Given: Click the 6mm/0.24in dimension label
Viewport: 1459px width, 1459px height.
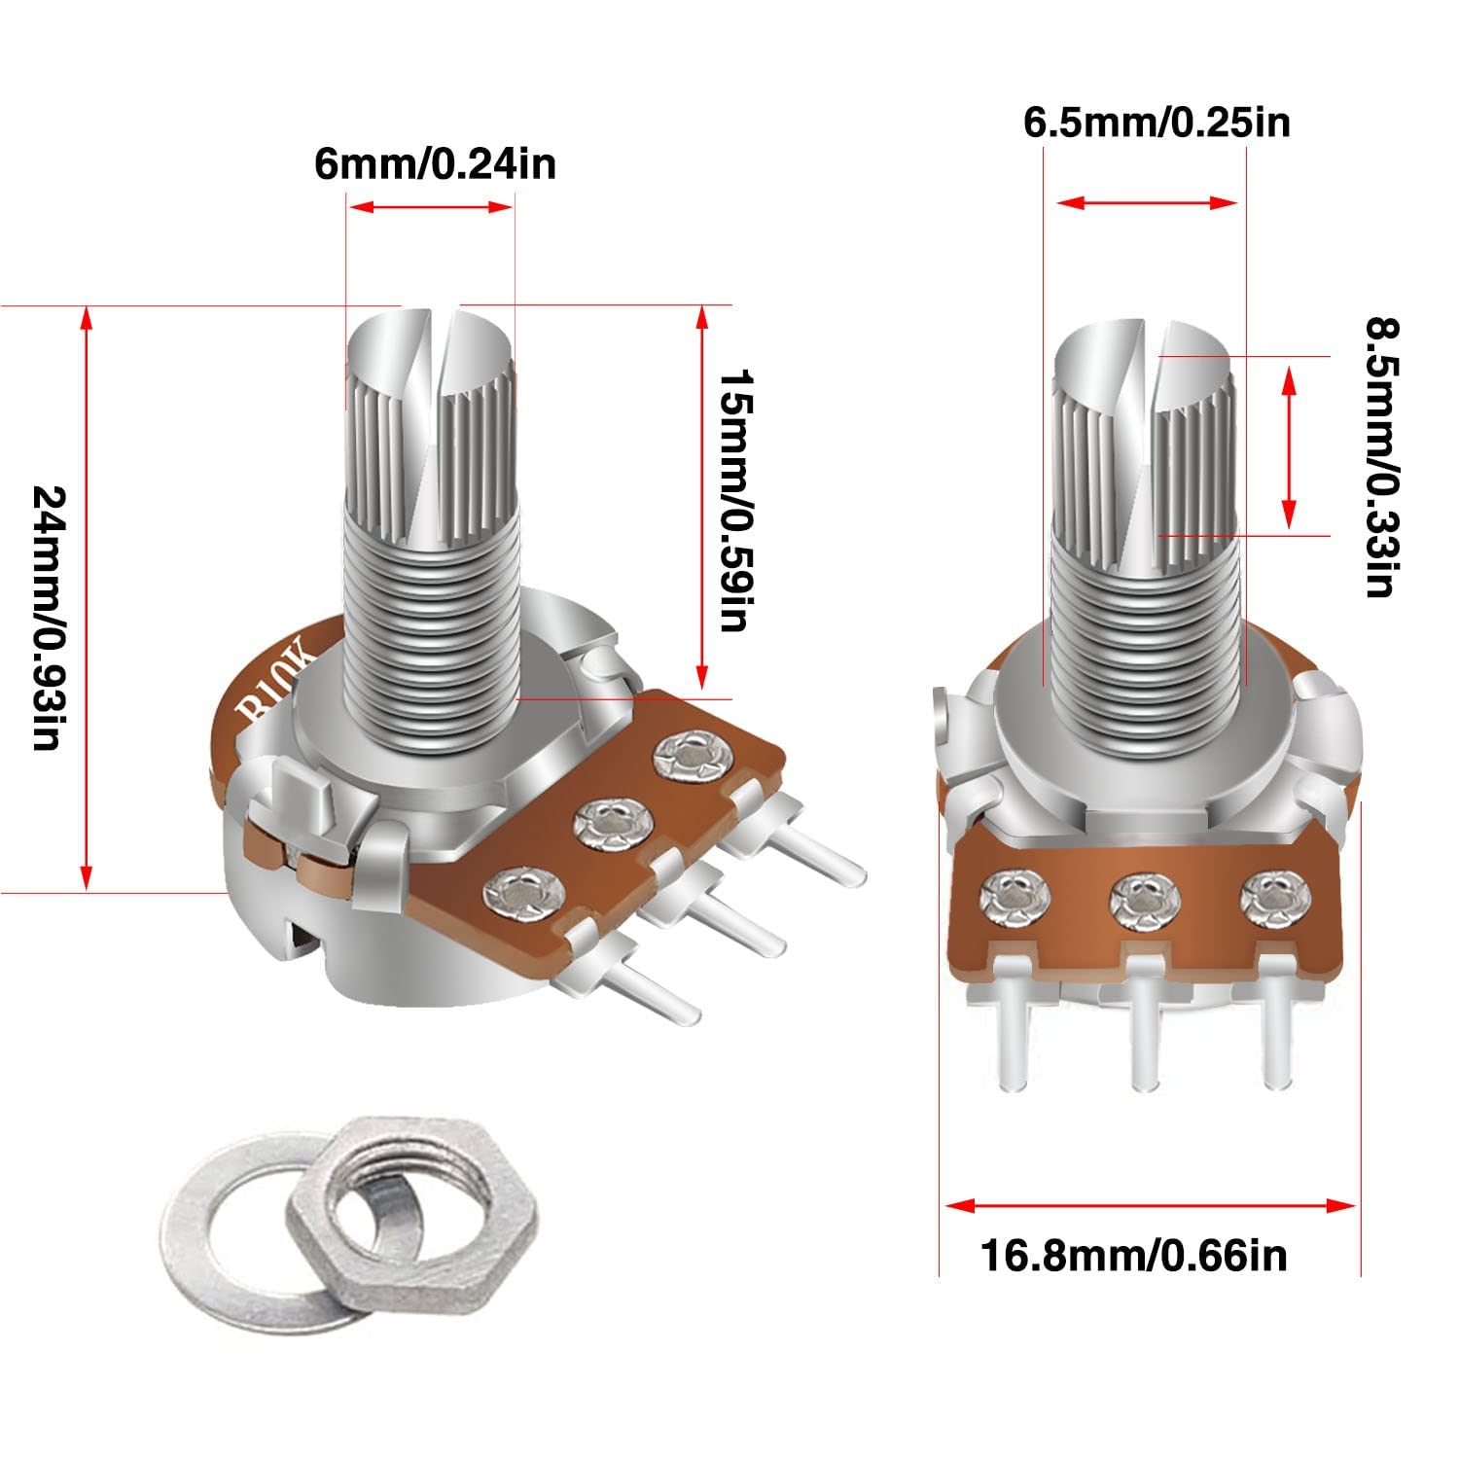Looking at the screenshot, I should (435, 163).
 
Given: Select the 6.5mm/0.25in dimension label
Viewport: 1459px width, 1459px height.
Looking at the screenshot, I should (1157, 123).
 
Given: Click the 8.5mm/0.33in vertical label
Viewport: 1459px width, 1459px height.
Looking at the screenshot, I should (1380, 457).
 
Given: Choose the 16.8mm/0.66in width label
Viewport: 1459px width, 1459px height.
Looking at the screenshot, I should (1133, 1255).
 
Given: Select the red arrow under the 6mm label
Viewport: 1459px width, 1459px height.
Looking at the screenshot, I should (431, 206).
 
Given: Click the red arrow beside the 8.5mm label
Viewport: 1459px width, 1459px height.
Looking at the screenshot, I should (1290, 446).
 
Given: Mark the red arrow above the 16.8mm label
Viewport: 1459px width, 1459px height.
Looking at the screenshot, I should (1151, 1206).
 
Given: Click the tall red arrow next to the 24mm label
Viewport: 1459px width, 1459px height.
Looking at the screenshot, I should (88, 598).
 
